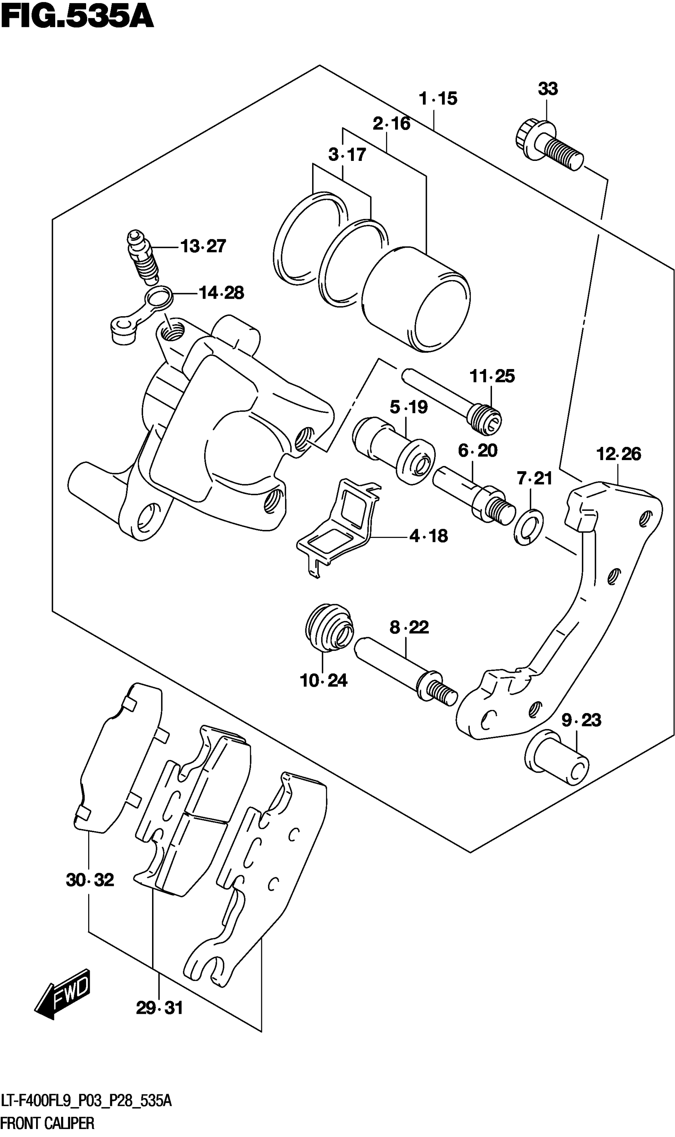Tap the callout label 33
tap(548, 89)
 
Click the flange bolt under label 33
tap(550, 145)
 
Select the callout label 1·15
tap(438, 98)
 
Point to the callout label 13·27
tap(203, 246)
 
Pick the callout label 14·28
tap(222, 292)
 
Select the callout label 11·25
tap(492, 376)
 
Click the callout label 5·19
tap(409, 407)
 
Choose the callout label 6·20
tap(478, 451)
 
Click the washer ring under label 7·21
tap(528, 527)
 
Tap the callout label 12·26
tap(619, 454)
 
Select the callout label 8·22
tap(409, 627)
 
